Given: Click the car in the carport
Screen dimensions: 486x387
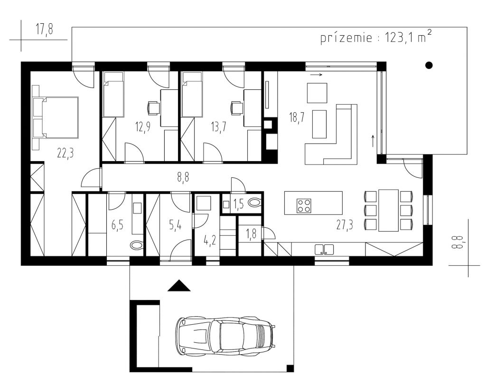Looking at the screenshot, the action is [225, 336].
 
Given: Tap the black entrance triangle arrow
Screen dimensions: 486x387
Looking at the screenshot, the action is [179, 285].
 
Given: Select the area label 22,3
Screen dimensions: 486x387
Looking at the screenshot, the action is [65, 153].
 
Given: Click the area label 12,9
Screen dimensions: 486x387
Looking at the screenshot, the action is [143, 127].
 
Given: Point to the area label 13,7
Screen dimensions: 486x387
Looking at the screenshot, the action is [218, 127].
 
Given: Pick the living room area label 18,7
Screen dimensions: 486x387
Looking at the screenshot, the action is [297, 117].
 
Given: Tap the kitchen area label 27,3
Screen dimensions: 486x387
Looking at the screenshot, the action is [345, 224].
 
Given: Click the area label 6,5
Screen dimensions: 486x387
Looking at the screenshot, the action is [117, 224].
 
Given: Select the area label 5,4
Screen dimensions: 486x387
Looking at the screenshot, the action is [175, 224].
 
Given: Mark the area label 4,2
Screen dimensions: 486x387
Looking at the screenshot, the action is [210, 240].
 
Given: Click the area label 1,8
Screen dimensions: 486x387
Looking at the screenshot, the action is [251, 233].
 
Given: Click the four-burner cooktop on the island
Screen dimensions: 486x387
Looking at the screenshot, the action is [304, 205].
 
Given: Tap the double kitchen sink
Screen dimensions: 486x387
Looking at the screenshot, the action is [324, 250].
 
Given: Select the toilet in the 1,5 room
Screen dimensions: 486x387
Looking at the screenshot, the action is [255, 203].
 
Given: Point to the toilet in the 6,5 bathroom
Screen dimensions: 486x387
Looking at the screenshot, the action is [136, 245].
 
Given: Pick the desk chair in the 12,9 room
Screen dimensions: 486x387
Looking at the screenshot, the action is [154, 108].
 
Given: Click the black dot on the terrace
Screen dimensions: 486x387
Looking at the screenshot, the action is [429, 65].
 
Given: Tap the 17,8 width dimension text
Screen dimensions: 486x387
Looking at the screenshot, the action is [45, 29].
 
